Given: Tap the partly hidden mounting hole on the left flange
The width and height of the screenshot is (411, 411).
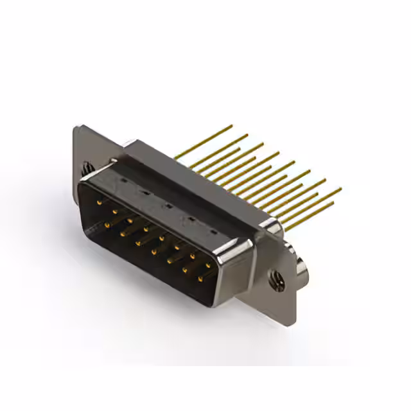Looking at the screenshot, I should (x=85, y=168).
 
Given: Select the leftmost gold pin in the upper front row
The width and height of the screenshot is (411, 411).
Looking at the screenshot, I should (x=98, y=202).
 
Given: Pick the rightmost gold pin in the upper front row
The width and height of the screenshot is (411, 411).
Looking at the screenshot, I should (x=208, y=263).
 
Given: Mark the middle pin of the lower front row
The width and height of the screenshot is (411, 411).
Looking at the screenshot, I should (x=153, y=251).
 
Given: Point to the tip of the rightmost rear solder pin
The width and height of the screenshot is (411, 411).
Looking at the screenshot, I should (x=340, y=189).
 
